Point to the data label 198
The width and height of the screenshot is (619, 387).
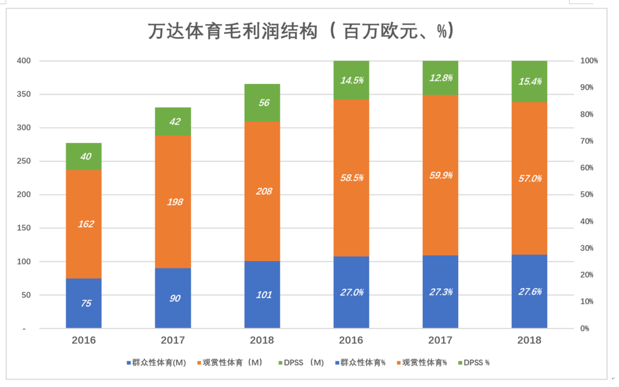[175, 202]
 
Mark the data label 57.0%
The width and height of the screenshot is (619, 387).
[529, 179]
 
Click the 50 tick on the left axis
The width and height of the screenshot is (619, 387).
[25, 295]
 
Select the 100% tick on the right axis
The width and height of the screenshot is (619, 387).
[588, 61]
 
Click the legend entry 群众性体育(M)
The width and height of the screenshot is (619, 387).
[155, 362]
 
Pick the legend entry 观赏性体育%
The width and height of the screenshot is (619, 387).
[421, 362]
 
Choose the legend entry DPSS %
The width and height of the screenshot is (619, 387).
[475, 362]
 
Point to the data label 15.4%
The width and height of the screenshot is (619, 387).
[529, 82]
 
